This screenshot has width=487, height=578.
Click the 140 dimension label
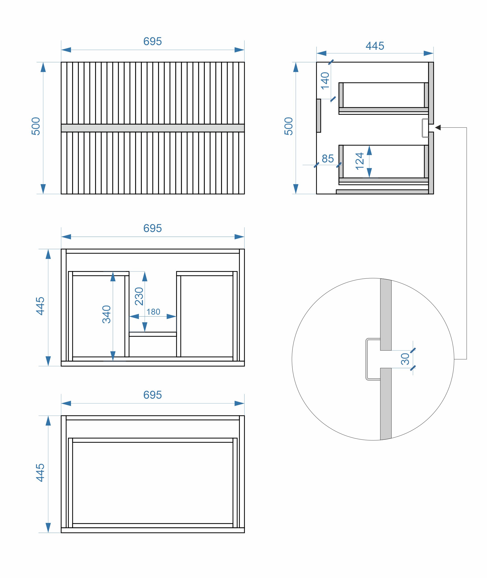[x=325, y=81]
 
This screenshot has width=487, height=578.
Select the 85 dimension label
[x=328, y=159]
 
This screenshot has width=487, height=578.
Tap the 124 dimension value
[x=360, y=161]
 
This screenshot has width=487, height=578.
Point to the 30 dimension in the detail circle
[x=405, y=359]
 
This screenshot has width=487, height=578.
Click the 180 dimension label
[x=153, y=312]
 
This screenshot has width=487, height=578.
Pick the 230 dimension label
[x=139, y=296]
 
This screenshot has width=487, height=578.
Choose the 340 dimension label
[x=107, y=314]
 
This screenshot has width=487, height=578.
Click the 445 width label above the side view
[x=375, y=46]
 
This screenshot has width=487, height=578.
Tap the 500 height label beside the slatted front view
[x=36, y=126]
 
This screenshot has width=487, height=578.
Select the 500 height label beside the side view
[x=288, y=126]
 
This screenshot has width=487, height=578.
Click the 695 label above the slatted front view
[x=152, y=41]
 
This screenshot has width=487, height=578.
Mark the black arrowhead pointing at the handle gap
[x=438, y=127]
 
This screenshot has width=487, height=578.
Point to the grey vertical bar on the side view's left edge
[x=319, y=116]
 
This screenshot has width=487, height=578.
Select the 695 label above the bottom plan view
[x=152, y=395]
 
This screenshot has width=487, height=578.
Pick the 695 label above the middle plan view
[x=152, y=228]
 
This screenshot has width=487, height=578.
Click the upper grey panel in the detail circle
[x=386, y=315]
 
